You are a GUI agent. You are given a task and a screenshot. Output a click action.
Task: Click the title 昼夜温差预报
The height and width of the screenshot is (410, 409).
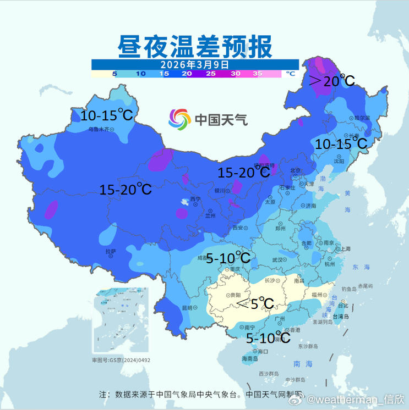tap(195, 47)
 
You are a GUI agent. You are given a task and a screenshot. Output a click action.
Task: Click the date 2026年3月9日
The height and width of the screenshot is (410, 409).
tap(195, 64)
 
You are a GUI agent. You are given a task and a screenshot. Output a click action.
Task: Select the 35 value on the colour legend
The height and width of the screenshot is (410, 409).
tap(258, 73)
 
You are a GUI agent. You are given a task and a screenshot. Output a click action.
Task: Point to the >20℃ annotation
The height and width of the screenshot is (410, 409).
tap(331, 81)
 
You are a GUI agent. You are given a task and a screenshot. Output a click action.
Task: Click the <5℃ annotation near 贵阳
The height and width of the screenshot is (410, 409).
tap(254, 303)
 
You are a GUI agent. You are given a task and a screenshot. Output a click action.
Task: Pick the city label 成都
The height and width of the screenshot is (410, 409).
tap(204, 257)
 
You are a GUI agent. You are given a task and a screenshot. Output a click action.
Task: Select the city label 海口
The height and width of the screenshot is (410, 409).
tap(263, 351)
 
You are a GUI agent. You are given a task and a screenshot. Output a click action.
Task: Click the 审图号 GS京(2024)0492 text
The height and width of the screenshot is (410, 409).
tap(121, 361)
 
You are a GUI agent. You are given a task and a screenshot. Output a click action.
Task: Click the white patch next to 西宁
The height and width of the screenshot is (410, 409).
tap(181, 212)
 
